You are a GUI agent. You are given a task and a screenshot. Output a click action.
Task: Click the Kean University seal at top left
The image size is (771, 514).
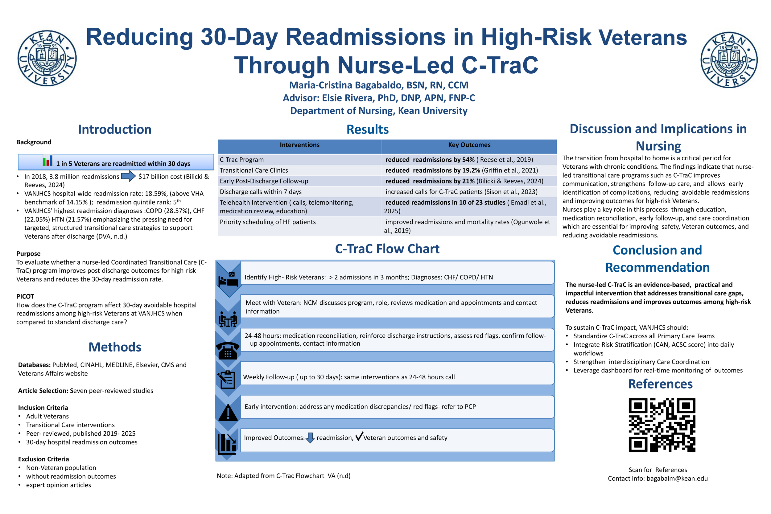[x=47, y=58]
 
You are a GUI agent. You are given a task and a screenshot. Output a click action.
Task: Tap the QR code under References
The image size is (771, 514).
[x=662, y=425]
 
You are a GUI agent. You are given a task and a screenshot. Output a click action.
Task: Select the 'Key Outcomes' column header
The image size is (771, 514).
[x=469, y=145]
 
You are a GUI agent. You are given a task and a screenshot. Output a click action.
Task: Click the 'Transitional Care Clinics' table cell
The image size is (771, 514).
[x=254, y=171]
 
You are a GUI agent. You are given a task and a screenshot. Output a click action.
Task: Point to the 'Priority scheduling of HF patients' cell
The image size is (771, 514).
[x=267, y=222]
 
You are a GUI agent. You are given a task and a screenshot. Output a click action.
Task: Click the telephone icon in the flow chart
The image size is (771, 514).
[x=228, y=351]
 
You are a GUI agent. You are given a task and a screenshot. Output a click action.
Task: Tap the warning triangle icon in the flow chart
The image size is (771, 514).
[x=228, y=412]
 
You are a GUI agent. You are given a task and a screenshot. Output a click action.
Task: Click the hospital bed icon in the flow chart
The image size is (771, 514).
[x=228, y=280]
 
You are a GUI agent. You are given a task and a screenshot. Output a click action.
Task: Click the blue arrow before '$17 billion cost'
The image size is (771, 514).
[x=129, y=176]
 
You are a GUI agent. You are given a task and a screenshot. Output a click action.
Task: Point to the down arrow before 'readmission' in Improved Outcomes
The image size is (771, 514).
[x=310, y=438]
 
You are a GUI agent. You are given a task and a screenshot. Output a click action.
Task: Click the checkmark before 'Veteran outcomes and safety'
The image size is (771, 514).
[x=359, y=436]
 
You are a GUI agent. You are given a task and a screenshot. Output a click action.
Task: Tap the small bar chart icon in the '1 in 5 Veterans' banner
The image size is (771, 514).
[x=47, y=160]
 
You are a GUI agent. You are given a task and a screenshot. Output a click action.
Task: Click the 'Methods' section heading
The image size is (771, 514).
[x=115, y=347]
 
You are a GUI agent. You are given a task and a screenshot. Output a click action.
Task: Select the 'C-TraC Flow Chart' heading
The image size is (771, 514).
[x=387, y=249]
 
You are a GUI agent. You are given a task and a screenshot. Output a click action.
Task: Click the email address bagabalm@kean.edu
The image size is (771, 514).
[x=677, y=478]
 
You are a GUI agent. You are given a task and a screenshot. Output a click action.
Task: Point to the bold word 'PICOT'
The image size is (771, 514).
[x=25, y=296]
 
